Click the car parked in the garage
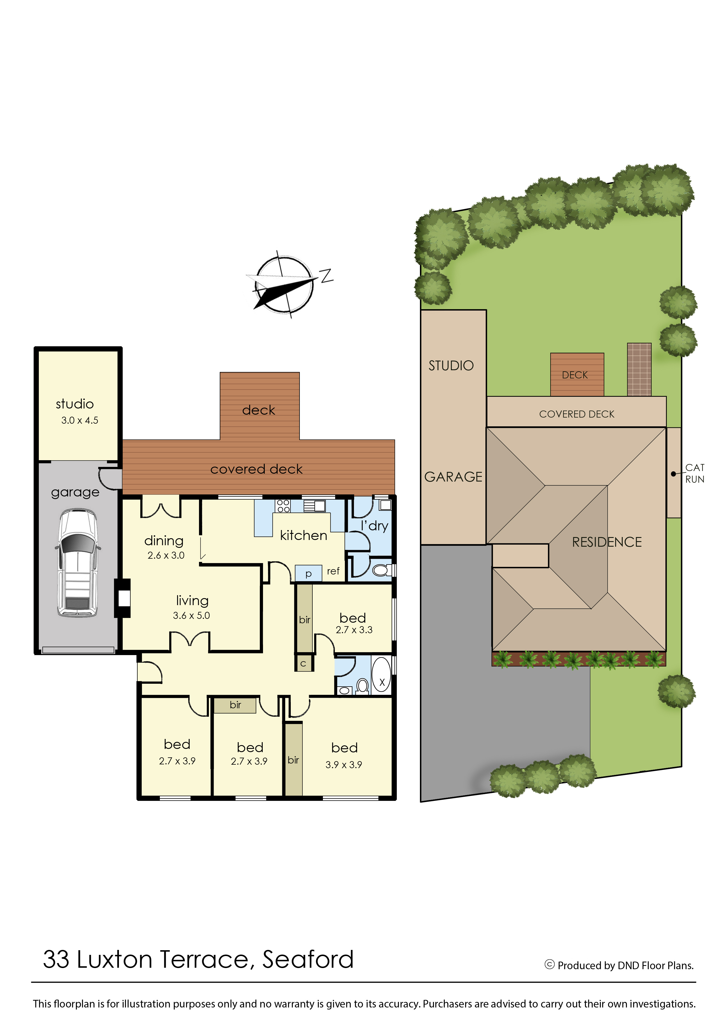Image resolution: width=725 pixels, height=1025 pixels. (x=78, y=563)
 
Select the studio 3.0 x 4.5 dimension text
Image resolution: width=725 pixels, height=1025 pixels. (x=80, y=420)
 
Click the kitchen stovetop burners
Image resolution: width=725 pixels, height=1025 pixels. (x=283, y=505)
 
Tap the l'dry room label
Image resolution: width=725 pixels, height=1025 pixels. (x=375, y=526)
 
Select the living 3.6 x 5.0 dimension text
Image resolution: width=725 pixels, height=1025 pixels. (x=191, y=615)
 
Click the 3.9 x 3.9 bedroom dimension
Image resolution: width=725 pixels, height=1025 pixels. (x=344, y=764)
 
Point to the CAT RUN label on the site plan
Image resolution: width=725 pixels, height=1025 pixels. (x=695, y=473)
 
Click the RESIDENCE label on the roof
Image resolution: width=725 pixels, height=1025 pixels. (x=607, y=542)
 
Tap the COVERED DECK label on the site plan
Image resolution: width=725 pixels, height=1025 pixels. (x=577, y=414)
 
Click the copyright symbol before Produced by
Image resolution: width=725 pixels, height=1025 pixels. (x=550, y=965)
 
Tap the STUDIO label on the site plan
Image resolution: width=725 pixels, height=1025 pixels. (x=451, y=366)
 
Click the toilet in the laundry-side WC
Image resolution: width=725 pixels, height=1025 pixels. (x=381, y=570)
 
